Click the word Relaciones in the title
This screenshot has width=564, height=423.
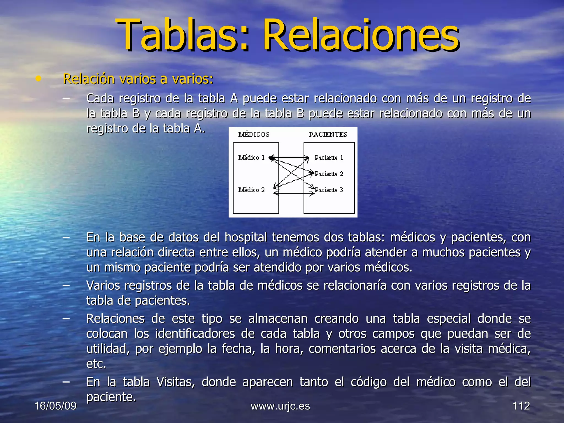click(361, 35)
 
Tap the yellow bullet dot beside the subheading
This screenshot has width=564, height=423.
click(39, 79)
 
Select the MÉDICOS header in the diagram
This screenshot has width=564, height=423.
click(254, 134)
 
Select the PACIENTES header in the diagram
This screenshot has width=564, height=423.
click(328, 134)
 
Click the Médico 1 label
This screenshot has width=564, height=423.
click(251, 158)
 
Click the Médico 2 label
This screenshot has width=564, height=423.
click(251, 190)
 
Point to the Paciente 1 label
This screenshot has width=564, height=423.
click(329, 158)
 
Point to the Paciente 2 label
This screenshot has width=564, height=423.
click(329, 174)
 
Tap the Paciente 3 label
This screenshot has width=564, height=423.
click(329, 190)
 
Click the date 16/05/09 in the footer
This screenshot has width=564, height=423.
click(55, 406)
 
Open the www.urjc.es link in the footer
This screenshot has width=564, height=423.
click(280, 406)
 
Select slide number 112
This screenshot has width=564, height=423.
click(521, 406)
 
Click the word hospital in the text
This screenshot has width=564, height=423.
click(246, 237)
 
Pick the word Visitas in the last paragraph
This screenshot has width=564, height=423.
click(175, 382)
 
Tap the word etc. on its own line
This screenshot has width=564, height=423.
click(96, 364)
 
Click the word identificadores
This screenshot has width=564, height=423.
click(195, 334)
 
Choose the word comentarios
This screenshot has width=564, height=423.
click(342, 349)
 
